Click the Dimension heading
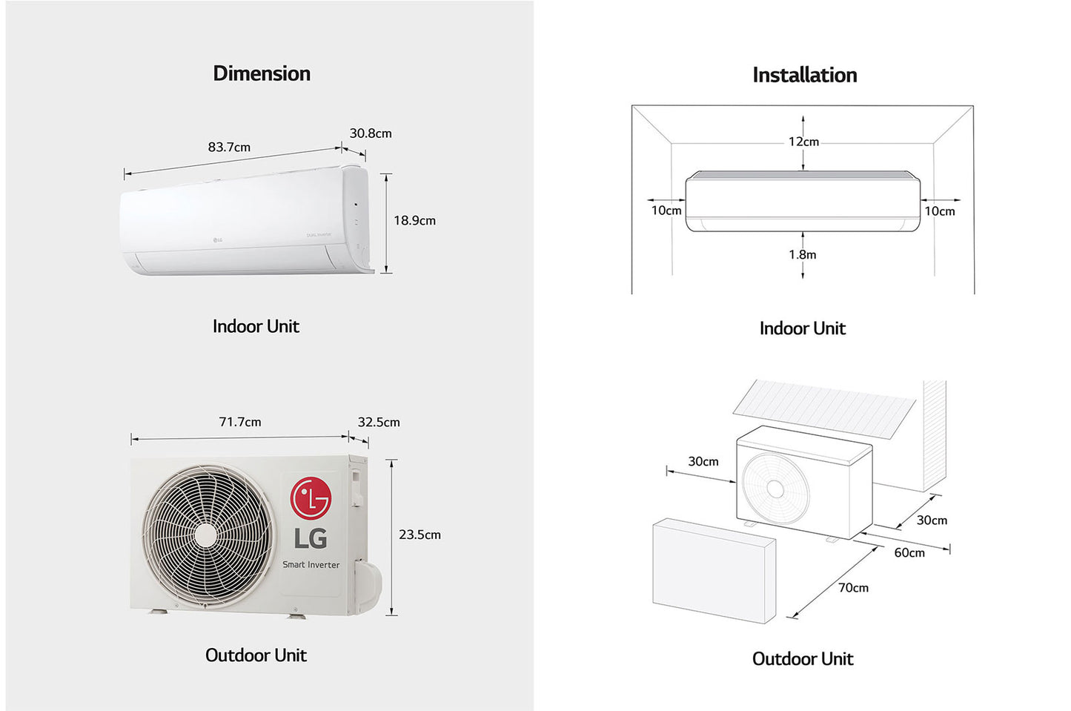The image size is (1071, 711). [x=262, y=73]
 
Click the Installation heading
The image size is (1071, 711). [x=804, y=75]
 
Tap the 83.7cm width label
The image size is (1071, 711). [x=229, y=147]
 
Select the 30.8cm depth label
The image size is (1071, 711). [x=371, y=133]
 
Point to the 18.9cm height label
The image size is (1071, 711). [x=414, y=220]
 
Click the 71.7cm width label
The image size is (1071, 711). [x=240, y=422]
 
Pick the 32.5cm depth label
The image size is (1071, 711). [x=379, y=422]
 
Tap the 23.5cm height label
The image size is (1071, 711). [x=420, y=535]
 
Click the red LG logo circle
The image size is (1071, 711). [x=310, y=498]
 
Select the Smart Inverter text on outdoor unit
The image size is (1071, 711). [x=311, y=565]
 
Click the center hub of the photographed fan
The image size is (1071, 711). [x=206, y=536]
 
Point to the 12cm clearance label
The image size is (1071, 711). [x=803, y=142]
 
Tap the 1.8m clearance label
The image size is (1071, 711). [x=803, y=254]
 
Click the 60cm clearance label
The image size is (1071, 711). [x=909, y=552]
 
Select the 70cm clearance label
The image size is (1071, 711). [x=853, y=588]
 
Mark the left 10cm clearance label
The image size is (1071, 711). [x=666, y=211]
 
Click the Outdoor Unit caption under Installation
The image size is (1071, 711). [x=803, y=658]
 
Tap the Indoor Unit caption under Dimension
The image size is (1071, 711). [x=256, y=326]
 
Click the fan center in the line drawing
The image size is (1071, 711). [x=775, y=489]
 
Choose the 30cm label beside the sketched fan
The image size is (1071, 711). [x=703, y=461]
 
